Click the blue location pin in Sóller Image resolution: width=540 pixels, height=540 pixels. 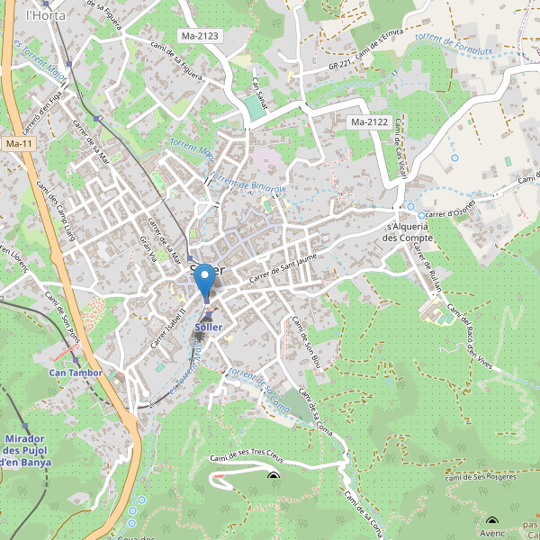(206, 280)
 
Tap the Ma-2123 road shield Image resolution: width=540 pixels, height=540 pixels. (201, 36)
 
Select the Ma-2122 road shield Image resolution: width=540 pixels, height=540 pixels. (369, 121)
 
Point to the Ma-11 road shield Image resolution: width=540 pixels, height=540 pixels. (19, 144)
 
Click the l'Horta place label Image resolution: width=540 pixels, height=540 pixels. (41, 15)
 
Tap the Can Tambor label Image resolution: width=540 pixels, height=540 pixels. (76, 372)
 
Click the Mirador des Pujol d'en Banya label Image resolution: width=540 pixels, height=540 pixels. (25, 450)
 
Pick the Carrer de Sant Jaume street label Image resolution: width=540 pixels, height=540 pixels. (284, 269)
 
